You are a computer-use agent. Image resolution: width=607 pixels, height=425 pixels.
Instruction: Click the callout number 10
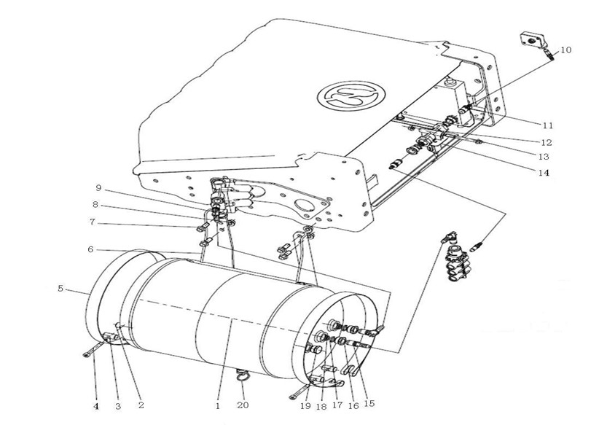click(x=565, y=50)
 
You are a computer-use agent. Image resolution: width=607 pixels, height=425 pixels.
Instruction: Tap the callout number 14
click(x=544, y=172)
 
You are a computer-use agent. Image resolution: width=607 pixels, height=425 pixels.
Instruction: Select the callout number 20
click(x=243, y=405)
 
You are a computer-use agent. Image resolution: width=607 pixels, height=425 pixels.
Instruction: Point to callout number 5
click(x=60, y=289)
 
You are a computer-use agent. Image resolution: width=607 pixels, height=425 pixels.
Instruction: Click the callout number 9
click(x=98, y=187)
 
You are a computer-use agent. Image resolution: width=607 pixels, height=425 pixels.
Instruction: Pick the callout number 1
click(x=218, y=405)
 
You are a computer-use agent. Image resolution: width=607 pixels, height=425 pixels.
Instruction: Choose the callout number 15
click(x=369, y=403)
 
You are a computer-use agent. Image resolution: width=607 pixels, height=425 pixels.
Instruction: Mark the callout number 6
click(x=90, y=249)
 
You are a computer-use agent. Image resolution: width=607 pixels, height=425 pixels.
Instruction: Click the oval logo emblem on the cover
click(x=351, y=96)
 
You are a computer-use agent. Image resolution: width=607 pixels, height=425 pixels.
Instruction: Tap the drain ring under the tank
click(x=243, y=377)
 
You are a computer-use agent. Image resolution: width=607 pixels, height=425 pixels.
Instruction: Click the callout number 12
click(x=547, y=142)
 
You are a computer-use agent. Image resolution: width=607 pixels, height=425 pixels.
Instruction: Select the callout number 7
click(x=92, y=222)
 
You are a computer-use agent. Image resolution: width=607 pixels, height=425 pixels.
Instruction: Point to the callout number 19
click(x=305, y=405)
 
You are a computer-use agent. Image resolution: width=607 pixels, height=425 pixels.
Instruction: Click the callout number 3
click(x=118, y=405)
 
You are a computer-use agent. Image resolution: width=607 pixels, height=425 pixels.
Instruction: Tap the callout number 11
click(x=547, y=125)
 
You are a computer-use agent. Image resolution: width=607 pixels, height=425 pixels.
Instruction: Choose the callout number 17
click(x=337, y=405)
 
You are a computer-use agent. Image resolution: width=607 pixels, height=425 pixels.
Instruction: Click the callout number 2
click(x=141, y=405)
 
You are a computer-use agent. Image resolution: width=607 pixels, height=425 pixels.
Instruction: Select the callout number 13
click(x=544, y=157)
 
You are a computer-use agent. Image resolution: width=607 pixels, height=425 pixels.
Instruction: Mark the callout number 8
click(x=95, y=204)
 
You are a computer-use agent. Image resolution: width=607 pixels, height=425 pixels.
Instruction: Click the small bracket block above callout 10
click(x=532, y=41)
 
